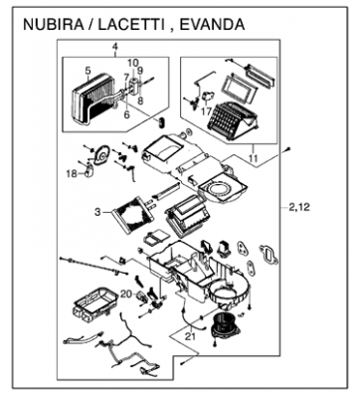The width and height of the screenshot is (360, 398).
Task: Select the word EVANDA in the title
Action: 212,25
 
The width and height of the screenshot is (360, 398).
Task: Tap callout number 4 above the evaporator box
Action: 115,47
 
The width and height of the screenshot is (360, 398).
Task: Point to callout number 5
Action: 88,71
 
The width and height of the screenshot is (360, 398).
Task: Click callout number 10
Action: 132,62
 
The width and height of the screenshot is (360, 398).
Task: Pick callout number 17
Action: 206,111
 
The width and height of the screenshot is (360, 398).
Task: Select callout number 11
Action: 253,158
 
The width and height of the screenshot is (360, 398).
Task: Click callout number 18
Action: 72,173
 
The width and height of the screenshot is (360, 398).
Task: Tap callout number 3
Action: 97,212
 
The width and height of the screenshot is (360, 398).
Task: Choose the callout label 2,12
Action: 299,207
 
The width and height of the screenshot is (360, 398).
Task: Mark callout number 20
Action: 126,295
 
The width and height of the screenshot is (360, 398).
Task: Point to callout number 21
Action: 190,336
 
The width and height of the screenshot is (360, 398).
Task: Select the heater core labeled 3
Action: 132,215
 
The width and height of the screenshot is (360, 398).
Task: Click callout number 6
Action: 126,114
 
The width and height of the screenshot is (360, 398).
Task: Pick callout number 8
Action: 140,100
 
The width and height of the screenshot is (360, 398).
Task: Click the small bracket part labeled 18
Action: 90,170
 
